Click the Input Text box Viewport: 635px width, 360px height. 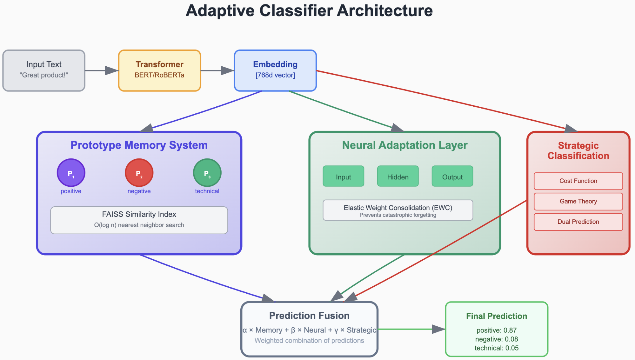click(44, 70)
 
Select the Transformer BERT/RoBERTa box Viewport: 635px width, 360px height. click(159, 70)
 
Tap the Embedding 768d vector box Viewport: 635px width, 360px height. click(275, 70)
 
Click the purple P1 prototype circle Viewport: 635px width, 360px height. click(71, 173)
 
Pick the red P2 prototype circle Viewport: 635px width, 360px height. click(139, 173)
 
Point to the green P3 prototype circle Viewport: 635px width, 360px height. click(207, 173)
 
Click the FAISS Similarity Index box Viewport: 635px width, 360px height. click(139, 220)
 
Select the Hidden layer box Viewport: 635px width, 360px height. click(398, 176)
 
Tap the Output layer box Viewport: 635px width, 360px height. click(452, 176)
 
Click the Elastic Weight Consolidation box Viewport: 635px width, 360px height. click(398, 210)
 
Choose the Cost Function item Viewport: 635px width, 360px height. click(578, 181)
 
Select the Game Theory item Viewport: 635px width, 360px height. click(578, 201)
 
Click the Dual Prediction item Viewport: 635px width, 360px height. click(578, 222)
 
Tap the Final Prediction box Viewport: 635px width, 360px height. click(497, 329)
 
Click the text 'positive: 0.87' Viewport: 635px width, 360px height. click(497, 330)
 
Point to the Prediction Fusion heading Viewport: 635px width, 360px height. click(309, 316)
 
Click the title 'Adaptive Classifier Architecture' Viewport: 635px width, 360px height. click(309, 11)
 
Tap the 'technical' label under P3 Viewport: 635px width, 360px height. click(207, 191)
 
